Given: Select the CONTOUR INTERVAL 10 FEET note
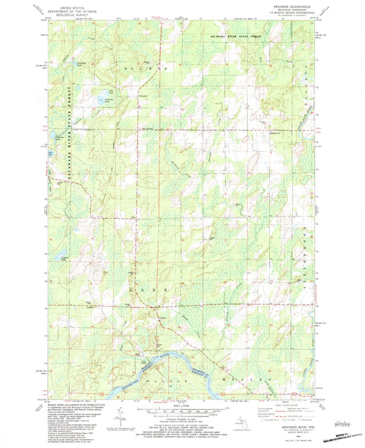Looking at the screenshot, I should [182, 425].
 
